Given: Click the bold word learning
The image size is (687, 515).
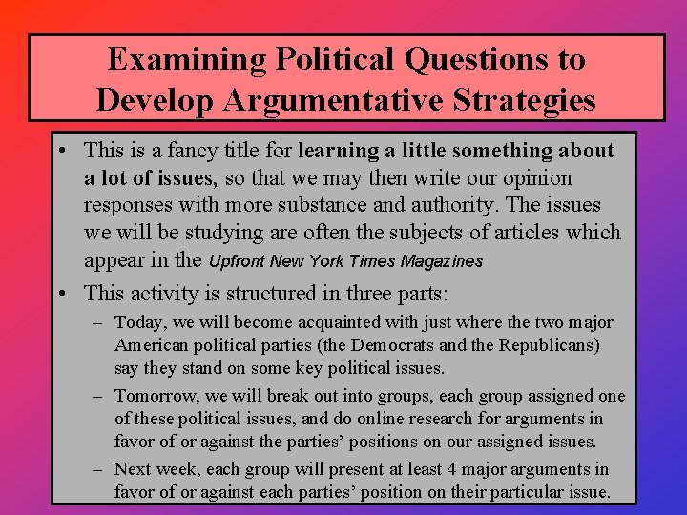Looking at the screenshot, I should [x=339, y=151].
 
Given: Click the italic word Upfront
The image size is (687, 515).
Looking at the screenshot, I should [x=237, y=260].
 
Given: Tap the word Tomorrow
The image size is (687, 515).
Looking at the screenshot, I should [x=153, y=396].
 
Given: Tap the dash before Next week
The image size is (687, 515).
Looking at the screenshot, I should [x=99, y=468].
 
